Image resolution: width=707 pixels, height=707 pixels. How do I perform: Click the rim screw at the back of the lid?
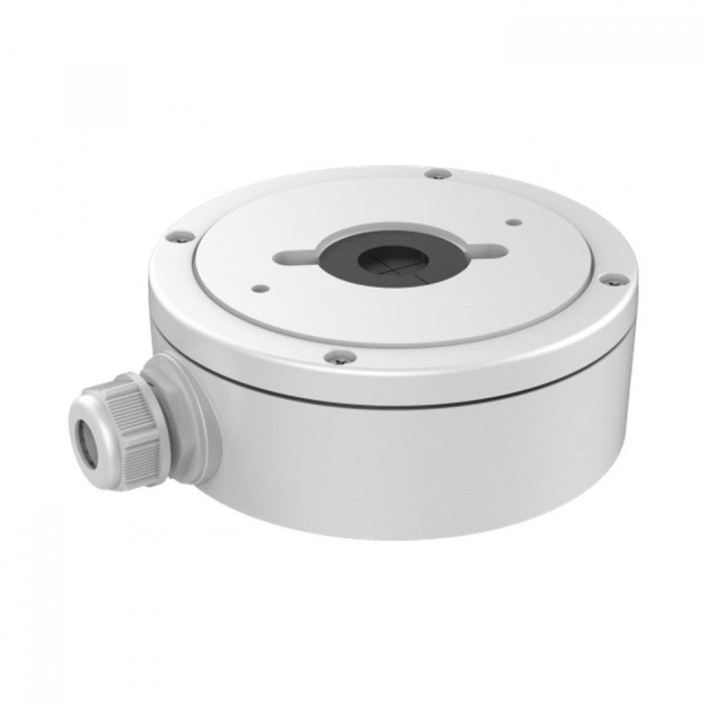tap(432, 173)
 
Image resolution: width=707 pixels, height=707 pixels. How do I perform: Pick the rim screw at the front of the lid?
tap(339, 357)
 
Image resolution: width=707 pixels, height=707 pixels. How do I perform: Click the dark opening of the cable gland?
tap(87, 438)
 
